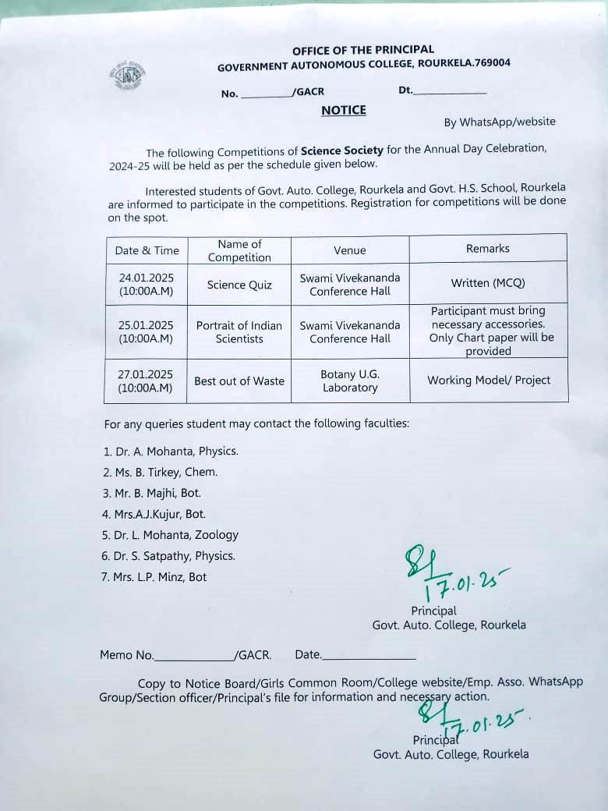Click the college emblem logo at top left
(126, 76)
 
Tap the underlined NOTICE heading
(343, 110)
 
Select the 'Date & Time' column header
(147, 250)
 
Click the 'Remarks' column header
(488, 248)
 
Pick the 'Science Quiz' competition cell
(239, 285)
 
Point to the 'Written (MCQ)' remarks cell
(488, 283)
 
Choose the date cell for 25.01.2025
(147, 331)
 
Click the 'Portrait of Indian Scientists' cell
(239, 331)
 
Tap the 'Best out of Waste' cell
(239, 381)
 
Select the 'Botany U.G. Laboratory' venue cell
(350, 381)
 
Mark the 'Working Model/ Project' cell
(489, 380)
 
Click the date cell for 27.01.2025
(147, 381)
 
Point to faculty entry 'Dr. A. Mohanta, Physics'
(171, 451)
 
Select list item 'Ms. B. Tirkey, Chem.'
(161, 472)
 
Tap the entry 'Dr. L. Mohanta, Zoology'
(171, 535)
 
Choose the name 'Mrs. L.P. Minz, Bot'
(156, 577)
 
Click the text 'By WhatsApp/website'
(500, 122)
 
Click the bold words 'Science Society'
(342, 151)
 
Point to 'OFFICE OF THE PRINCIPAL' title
(363, 51)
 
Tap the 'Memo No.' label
(127, 655)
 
